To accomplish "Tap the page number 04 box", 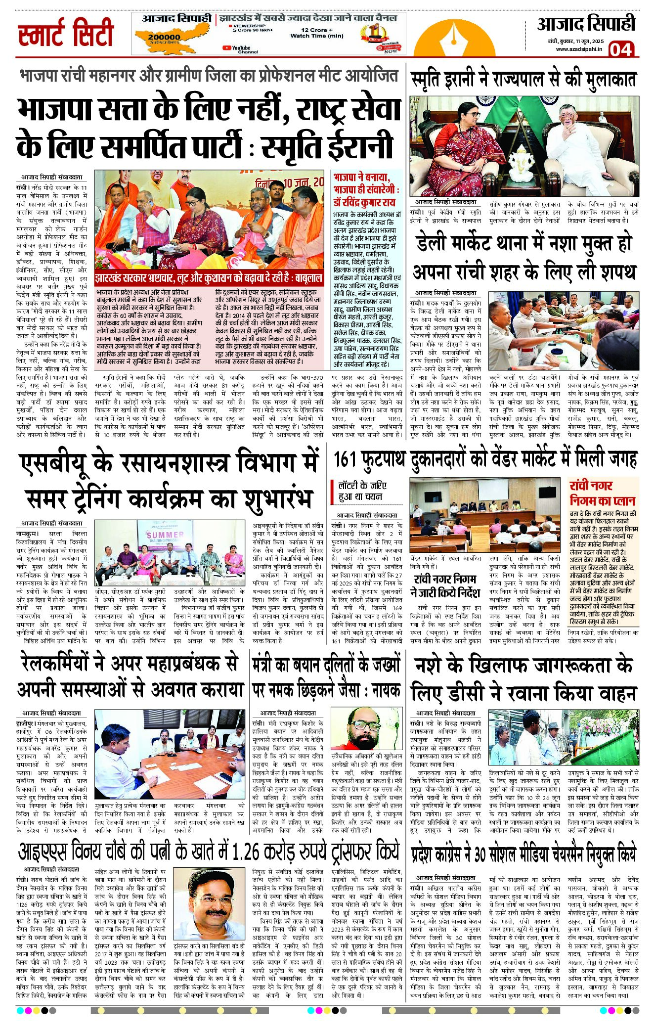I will [x=620, y=49].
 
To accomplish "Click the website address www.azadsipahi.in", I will [x=579, y=49].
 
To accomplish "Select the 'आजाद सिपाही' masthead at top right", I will [x=586, y=24].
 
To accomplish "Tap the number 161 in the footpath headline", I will [x=346, y=459].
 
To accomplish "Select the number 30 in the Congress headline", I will [x=480, y=854].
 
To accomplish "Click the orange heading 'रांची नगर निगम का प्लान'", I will [x=602, y=493].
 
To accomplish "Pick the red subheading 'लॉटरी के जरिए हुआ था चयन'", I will [x=362, y=491].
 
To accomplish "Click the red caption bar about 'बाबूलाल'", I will [x=209, y=278].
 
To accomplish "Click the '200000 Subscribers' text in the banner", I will [x=164, y=39].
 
